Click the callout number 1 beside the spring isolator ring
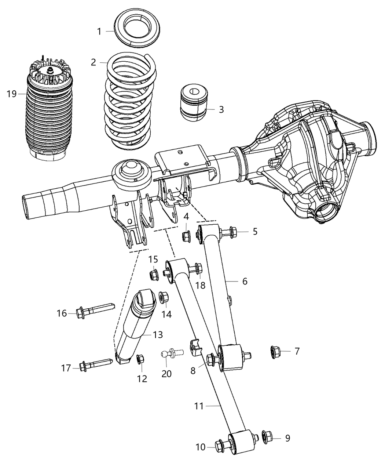coord(99,32)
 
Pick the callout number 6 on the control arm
coord(245,281)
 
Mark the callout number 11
coord(198,406)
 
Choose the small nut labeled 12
coord(140,360)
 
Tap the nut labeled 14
coord(163,298)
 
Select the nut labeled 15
coord(154,274)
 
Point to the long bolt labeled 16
coord(93,311)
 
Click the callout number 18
coord(200,286)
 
